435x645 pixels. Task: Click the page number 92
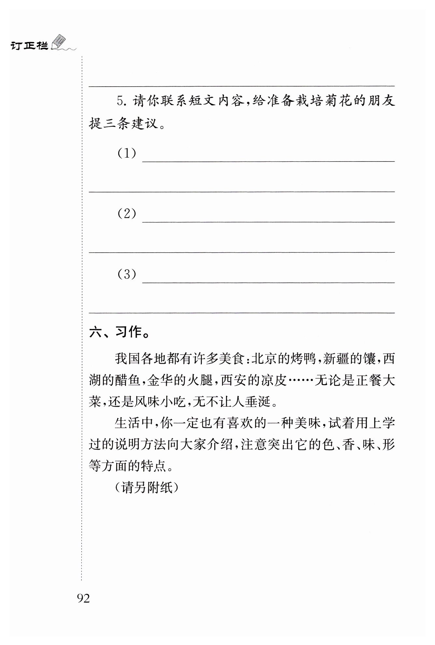coord(83,598)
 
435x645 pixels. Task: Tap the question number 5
coord(121,102)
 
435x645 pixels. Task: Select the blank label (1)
coord(127,153)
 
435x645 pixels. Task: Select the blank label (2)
coord(127,214)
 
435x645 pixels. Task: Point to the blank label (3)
coord(127,274)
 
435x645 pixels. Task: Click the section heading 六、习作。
coord(119,332)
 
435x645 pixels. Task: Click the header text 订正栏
coord(29,46)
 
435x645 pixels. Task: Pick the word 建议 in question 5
coord(144,123)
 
